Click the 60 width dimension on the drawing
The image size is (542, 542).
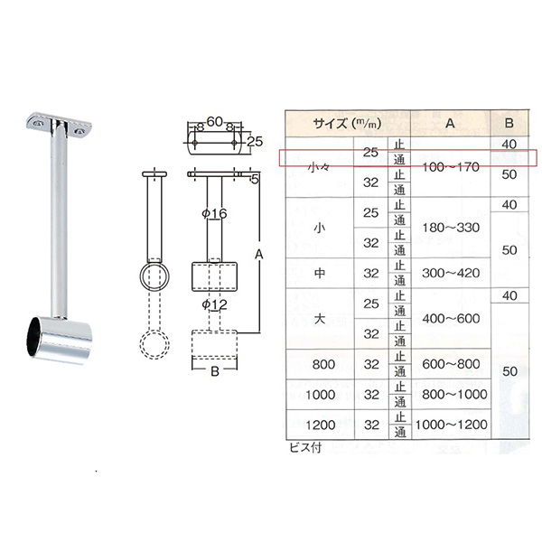[215, 122]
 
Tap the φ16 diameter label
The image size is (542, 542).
[214, 213]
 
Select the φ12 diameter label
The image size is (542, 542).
[214, 304]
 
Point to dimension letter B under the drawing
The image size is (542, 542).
[215, 371]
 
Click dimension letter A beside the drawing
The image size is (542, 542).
[259, 255]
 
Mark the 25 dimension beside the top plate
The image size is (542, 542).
[255, 142]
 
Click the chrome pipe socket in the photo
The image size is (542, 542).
[60, 340]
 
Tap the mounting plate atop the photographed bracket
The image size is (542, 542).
[59, 126]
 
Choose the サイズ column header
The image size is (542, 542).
[347, 124]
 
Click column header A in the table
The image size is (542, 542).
[450, 123]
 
